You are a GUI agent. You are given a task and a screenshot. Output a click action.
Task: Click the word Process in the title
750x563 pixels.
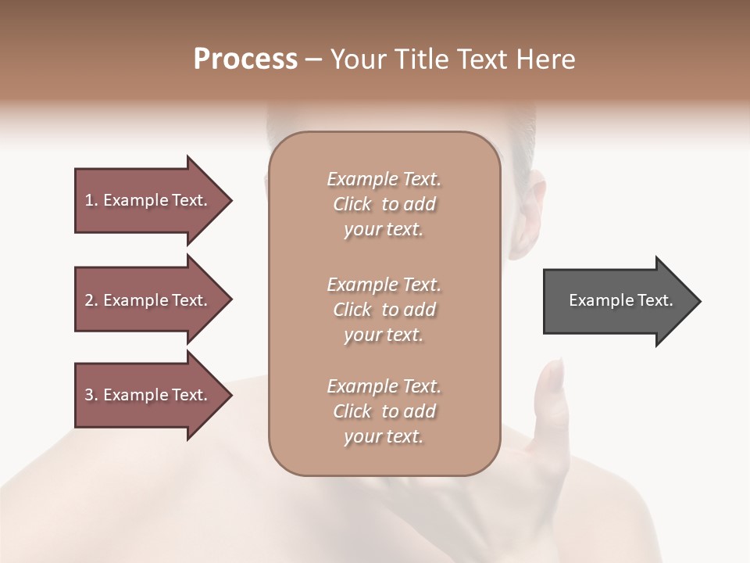point(245,59)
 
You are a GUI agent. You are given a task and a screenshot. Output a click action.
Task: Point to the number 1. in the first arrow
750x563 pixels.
point(91,200)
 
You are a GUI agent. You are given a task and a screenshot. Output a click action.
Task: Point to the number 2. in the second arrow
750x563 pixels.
point(91,300)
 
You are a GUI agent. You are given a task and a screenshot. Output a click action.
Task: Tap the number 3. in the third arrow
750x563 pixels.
point(91,395)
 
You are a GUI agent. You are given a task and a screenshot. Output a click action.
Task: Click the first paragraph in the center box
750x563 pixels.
point(384,204)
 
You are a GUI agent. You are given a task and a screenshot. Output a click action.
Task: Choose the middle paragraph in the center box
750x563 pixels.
point(384,310)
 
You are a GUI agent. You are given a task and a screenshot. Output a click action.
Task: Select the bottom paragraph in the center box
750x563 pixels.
point(384,411)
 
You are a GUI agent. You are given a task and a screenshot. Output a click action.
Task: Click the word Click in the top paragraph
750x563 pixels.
point(352,204)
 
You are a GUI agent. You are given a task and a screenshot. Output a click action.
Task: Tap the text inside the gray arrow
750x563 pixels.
point(620,300)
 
